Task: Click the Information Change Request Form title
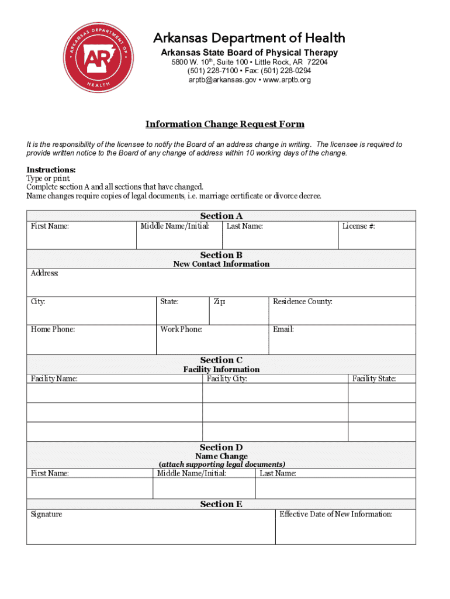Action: pyautogui.click(x=225, y=125)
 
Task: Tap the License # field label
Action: pyautogui.click(x=358, y=226)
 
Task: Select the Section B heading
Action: pyautogui.click(x=221, y=255)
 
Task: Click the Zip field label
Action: pyautogui.click(x=219, y=302)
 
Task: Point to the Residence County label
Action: pyautogui.click(x=302, y=302)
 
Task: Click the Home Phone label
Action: pyautogui.click(x=53, y=329)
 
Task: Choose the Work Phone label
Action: pyautogui.click(x=181, y=329)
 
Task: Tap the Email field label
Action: pyautogui.click(x=283, y=329)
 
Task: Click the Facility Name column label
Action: pyautogui.click(x=54, y=379)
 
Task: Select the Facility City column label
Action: pyautogui.click(x=227, y=379)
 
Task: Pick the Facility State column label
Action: pyautogui.click(x=374, y=379)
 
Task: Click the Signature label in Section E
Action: pyautogui.click(x=47, y=514)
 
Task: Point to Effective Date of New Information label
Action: pyautogui.click(x=336, y=514)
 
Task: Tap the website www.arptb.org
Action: pyautogui.click(x=288, y=80)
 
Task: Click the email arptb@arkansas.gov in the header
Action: pyautogui.click(x=222, y=80)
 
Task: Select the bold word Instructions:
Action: pyautogui.click(x=51, y=170)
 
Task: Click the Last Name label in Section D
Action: pyautogui.click(x=278, y=473)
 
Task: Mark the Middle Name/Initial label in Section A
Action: pyautogui.click(x=175, y=226)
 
